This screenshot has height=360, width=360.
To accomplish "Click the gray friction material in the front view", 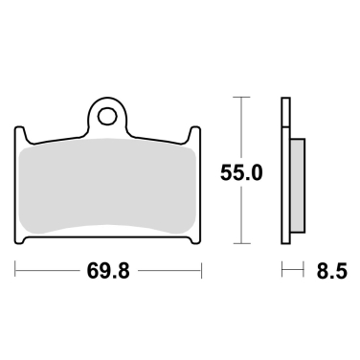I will click(108, 187).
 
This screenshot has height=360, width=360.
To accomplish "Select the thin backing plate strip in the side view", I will click(285, 172).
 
